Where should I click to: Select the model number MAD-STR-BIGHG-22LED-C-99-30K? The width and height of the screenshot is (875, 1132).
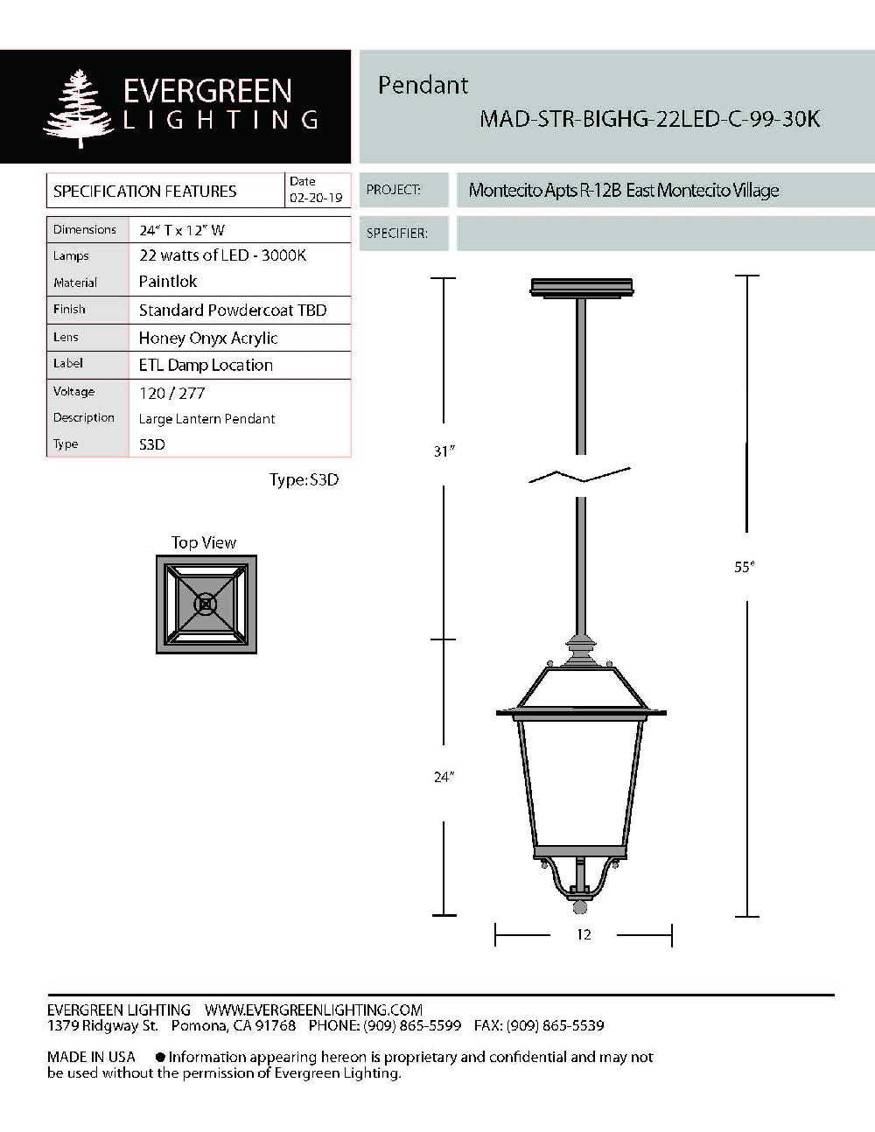pyautogui.click(x=649, y=119)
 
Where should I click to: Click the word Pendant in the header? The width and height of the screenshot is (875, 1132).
pyautogui.click(x=423, y=85)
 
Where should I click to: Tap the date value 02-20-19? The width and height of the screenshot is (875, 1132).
pyautogui.click(x=316, y=199)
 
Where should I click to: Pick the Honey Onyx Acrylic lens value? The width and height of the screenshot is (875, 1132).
pyautogui.click(x=208, y=339)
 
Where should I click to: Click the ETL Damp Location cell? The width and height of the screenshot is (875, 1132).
pyautogui.click(x=206, y=366)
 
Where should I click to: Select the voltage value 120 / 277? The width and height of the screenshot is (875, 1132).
pyautogui.click(x=171, y=394)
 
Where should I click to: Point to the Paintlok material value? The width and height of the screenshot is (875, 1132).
pyautogui.click(x=168, y=282)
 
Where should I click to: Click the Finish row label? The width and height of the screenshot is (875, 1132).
pyautogui.click(x=69, y=310)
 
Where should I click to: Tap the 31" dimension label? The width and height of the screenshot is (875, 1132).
pyautogui.click(x=444, y=451)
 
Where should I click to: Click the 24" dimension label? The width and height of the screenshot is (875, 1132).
pyautogui.click(x=444, y=777)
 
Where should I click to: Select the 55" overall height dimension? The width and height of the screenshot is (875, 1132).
pyautogui.click(x=744, y=567)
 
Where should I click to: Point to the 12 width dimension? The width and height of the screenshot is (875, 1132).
pyautogui.click(x=584, y=935)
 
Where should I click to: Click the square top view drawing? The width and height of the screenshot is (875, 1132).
pyautogui.click(x=206, y=604)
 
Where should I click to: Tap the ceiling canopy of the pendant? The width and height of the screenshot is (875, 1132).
pyautogui.click(x=582, y=288)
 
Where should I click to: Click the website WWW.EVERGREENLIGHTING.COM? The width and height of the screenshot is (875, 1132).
pyautogui.click(x=313, y=1010)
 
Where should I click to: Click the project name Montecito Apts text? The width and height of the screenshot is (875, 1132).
pyautogui.click(x=623, y=191)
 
